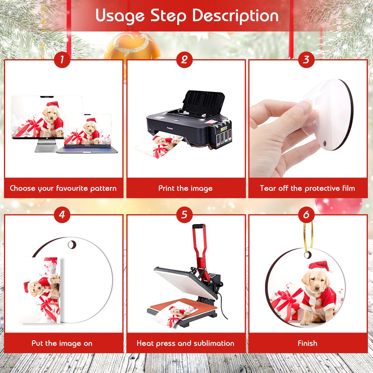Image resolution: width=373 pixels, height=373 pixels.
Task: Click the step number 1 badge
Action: tap(62, 59)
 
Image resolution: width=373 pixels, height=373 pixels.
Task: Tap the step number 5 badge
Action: tap(184, 214)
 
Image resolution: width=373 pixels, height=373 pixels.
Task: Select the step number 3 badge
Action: tap(306, 59)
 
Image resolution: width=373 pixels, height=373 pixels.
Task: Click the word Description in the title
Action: tap(235, 15)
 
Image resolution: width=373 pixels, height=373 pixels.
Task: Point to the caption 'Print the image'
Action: tap(185, 188)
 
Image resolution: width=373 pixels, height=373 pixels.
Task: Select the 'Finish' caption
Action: tap(307, 343)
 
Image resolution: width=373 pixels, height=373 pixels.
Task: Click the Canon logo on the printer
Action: tap(170, 128)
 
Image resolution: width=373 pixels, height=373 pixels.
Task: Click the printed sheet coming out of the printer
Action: tap(158, 147)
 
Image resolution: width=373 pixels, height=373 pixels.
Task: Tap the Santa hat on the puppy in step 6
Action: tap(320, 266)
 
